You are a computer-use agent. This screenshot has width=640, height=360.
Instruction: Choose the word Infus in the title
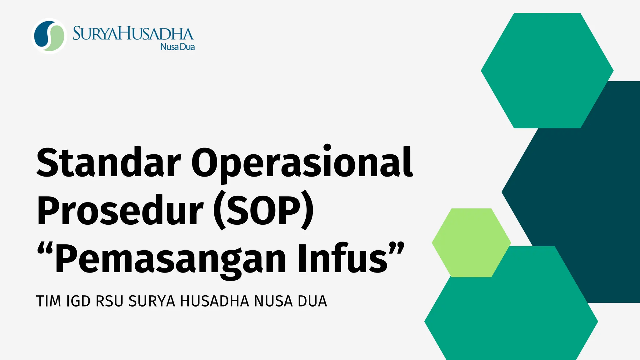click(342, 258)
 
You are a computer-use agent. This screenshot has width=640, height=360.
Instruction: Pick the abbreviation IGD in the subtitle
click(78, 302)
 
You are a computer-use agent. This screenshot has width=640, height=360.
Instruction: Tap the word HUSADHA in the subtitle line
click(215, 302)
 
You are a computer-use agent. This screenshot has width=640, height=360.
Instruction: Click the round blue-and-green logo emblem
click(49, 36)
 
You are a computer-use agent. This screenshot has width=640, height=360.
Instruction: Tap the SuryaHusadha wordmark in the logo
click(133, 34)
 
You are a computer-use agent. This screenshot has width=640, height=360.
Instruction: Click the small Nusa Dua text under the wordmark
click(177, 47)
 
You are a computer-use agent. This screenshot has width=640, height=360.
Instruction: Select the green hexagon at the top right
click(547, 70)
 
